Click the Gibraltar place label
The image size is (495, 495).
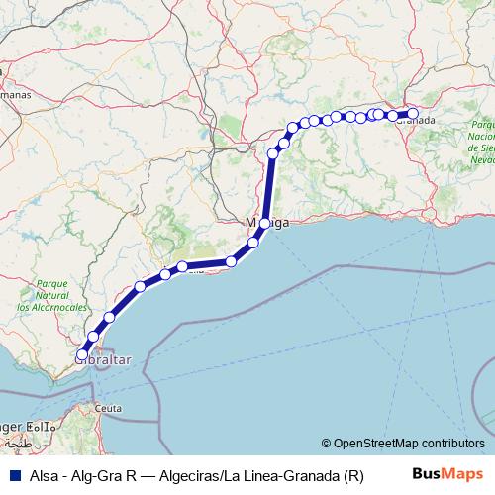pos(103,363)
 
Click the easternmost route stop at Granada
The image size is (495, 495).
pos(413,113)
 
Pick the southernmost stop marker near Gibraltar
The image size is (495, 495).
pos(82,353)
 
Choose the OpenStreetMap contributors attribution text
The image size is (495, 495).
pos(408,445)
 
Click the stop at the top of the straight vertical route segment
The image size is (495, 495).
pos(273,153)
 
